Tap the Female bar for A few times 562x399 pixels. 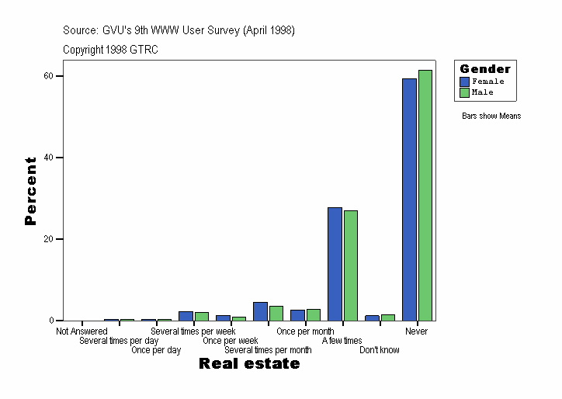(335, 264)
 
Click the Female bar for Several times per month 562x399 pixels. (260, 311)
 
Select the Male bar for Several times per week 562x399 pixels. (202, 317)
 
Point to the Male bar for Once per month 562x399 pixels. (314, 315)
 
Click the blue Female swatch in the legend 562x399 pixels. (464, 82)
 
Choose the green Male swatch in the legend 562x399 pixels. (464, 92)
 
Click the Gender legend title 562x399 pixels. (485, 69)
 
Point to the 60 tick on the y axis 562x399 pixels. (48, 76)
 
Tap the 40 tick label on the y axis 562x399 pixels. (48, 158)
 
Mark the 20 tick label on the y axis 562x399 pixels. (48, 239)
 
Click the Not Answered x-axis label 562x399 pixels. (82, 331)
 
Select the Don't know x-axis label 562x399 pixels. (380, 350)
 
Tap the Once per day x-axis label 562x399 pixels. (156, 350)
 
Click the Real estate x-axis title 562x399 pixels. (249, 364)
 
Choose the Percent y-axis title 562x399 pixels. (30, 191)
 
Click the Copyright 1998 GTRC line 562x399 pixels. (111, 49)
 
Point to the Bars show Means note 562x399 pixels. (491, 116)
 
